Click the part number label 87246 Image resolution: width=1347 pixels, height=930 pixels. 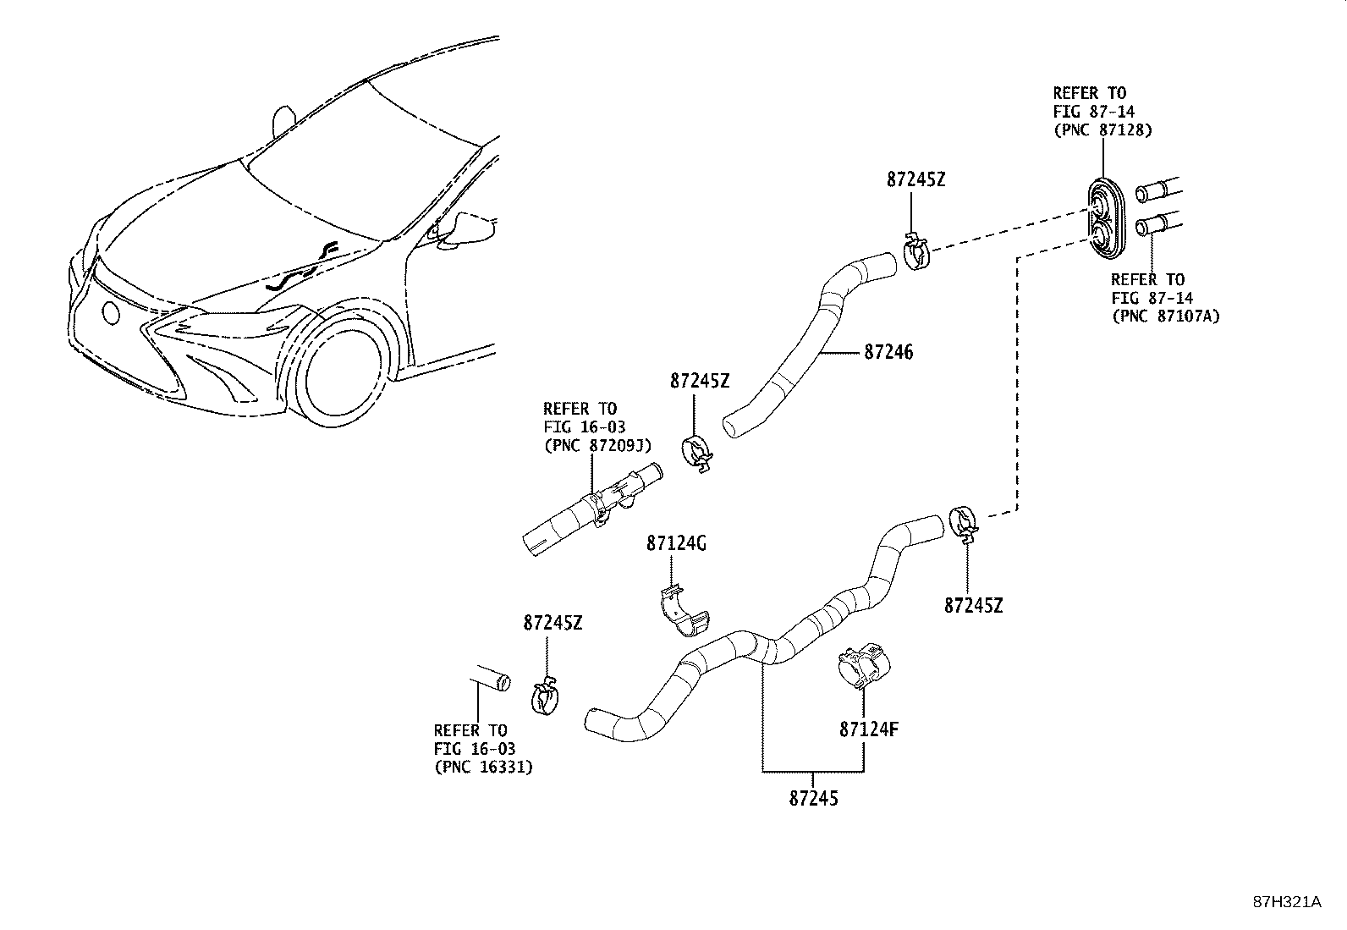[x=888, y=352]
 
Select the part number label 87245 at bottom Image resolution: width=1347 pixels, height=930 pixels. [x=813, y=797]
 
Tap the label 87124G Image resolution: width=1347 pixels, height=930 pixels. [x=676, y=543]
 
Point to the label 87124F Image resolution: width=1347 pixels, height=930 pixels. [x=868, y=728]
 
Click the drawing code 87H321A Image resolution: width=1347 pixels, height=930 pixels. [x=1286, y=902]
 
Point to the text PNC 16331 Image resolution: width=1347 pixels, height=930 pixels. [x=483, y=768]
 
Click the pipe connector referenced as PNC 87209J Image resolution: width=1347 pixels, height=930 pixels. [x=592, y=509]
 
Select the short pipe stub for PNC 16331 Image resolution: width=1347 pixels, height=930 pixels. [x=490, y=678]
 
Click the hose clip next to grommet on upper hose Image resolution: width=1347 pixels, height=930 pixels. [x=915, y=254]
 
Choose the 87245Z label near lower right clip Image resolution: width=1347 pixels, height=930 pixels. [x=973, y=605]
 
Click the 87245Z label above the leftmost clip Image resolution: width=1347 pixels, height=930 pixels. [x=553, y=623]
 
